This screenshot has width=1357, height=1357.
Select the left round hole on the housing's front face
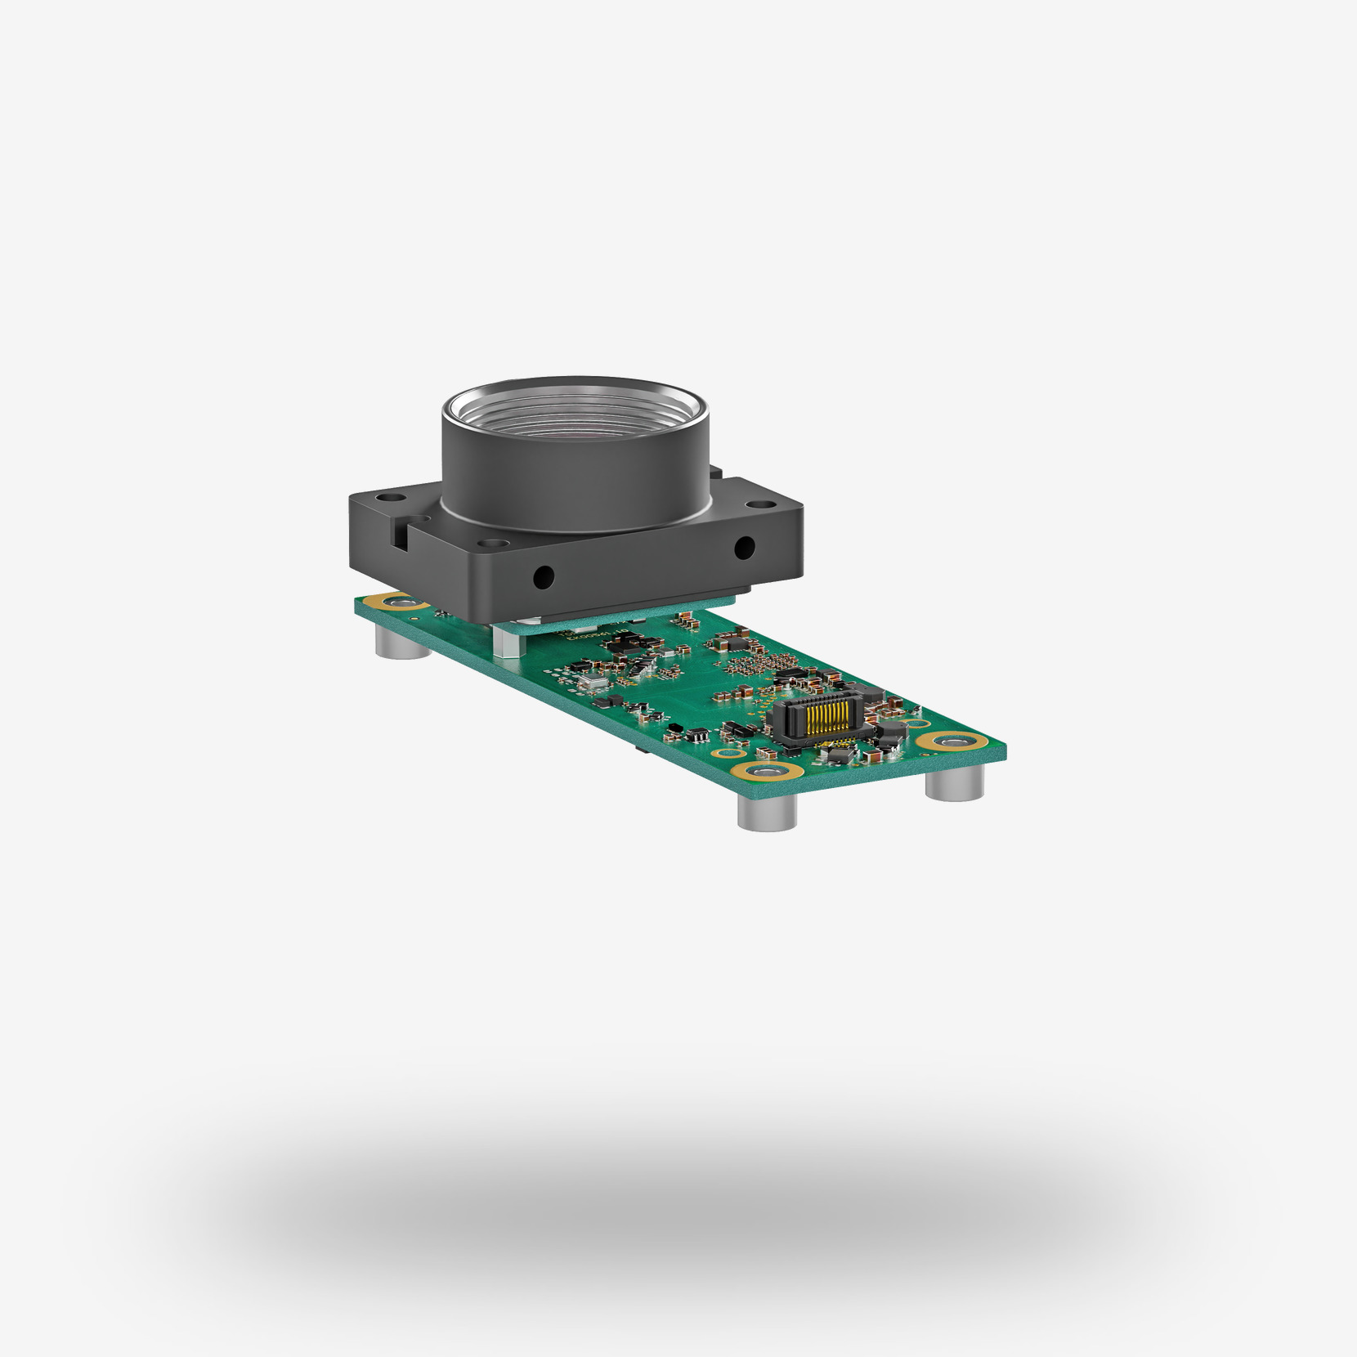point(543,577)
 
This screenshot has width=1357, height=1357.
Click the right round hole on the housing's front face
point(744,547)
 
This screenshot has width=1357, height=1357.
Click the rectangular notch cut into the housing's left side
point(398,536)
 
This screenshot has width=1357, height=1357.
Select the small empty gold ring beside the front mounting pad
point(723,754)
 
